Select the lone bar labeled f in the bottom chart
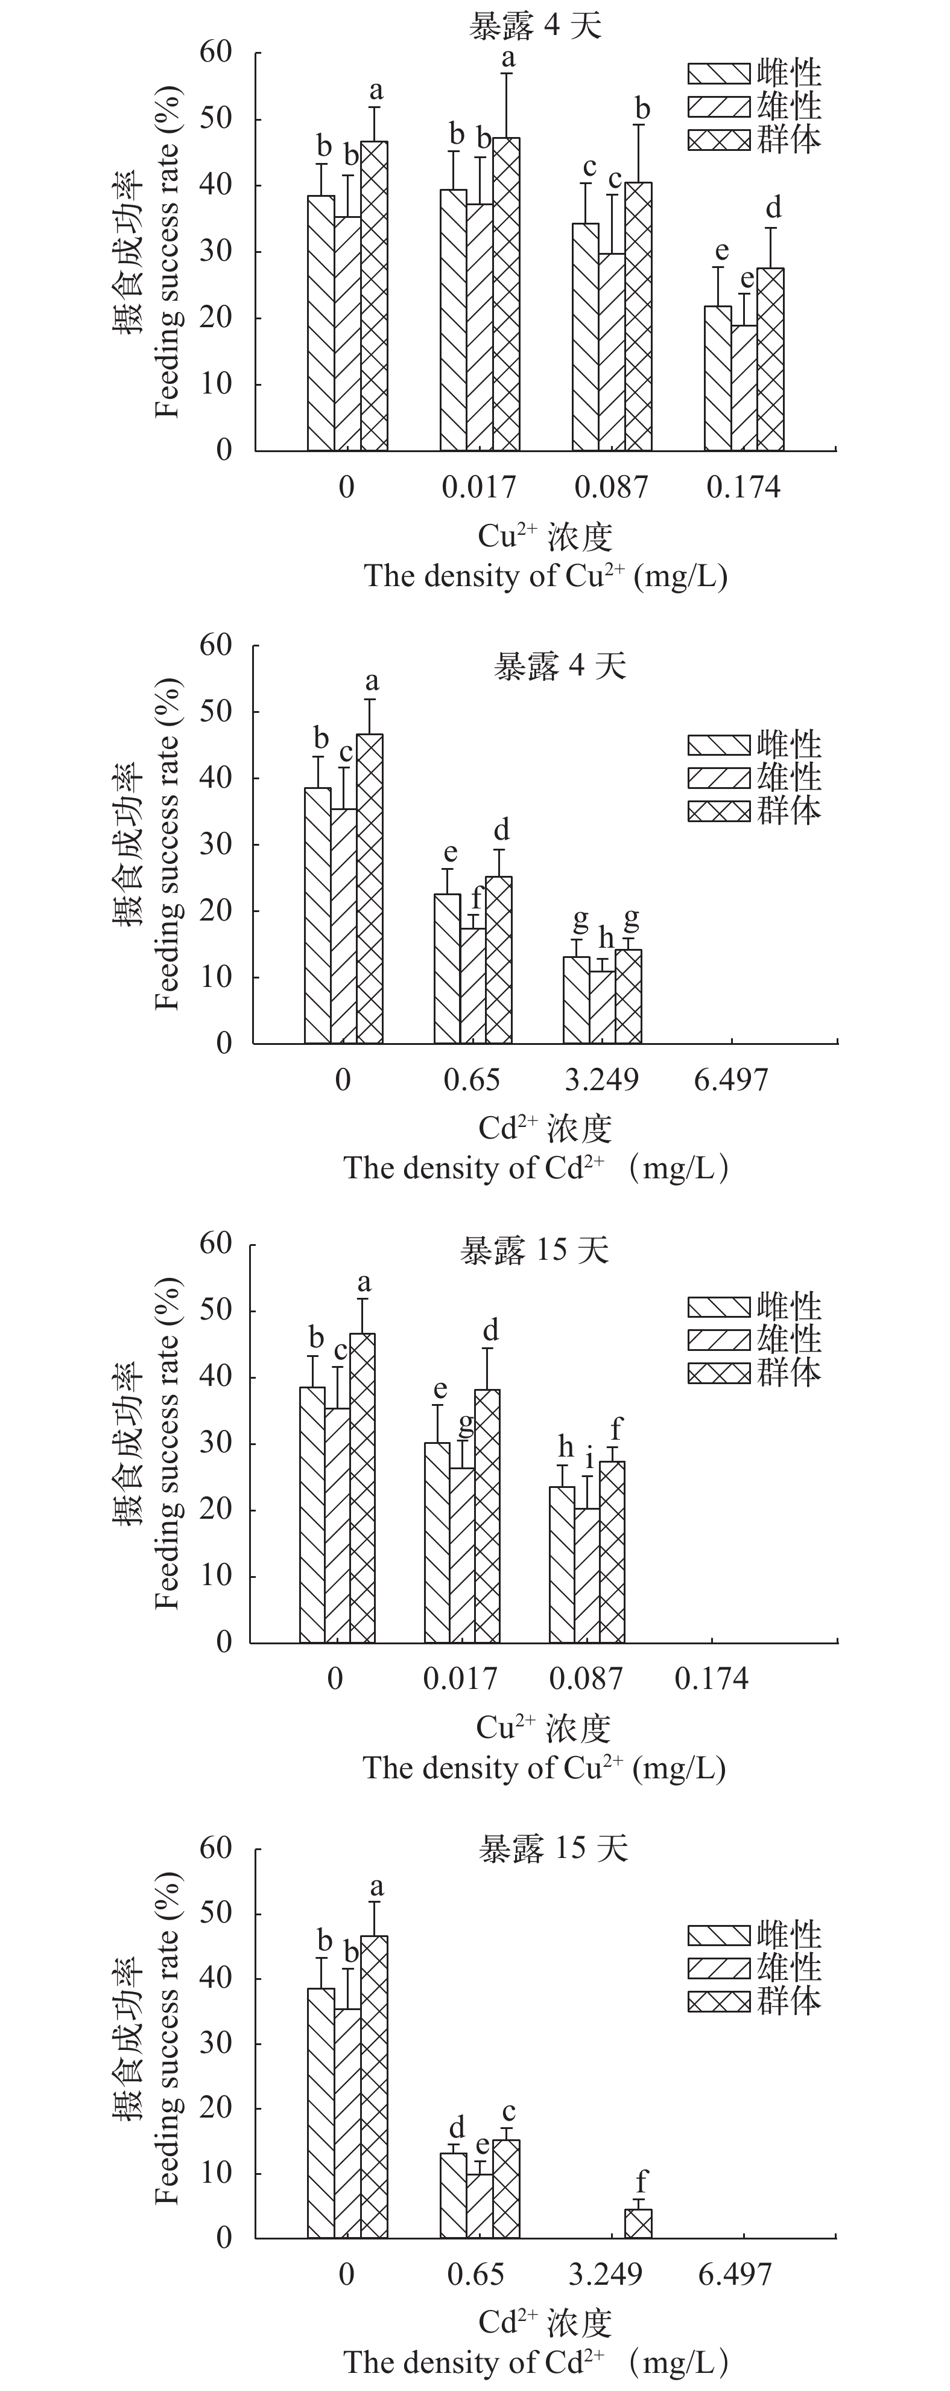pyautogui.click(x=638, y=2223)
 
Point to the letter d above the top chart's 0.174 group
pyautogui.click(x=773, y=207)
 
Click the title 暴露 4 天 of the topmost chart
pyautogui.click(x=534, y=25)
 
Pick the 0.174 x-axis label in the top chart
pyautogui.click(x=743, y=487)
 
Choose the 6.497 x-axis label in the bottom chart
pyautogui.click(x=735, y=2274)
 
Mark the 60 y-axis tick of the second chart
pyautogui.click(x=215, y=645)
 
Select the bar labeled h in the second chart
pyautogui.click(x=602, y=1007)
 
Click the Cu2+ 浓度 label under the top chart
pyautogui.click(x=545, y=537)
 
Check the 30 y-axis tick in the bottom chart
pyautogui.click(x=215, y=2043)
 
